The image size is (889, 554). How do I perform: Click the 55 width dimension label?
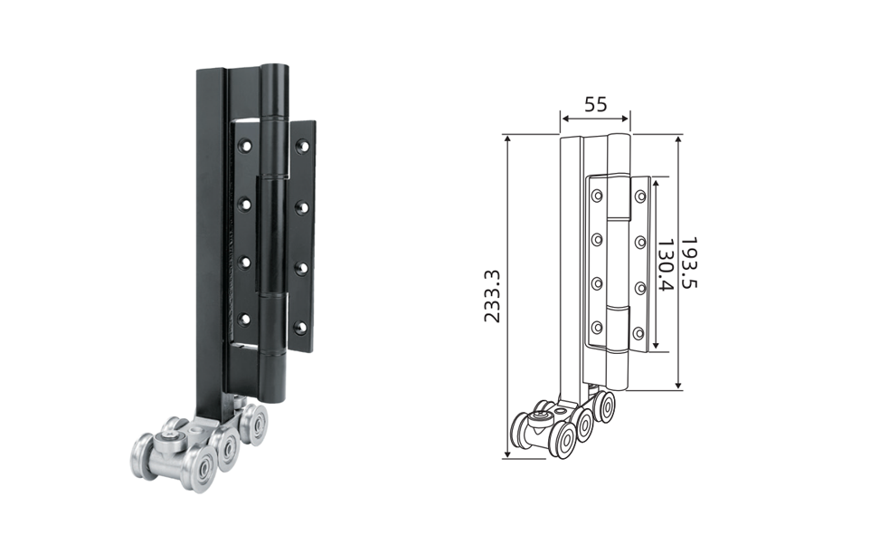595,104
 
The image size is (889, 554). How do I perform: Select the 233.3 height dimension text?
492,296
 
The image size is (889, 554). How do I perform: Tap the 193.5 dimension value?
687,263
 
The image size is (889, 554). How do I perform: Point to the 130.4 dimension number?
665,264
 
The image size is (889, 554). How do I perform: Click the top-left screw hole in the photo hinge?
246,146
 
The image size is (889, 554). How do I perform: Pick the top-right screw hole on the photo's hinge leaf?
303,147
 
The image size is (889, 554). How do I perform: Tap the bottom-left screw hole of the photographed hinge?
244,319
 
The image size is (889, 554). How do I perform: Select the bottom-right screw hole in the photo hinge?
301,328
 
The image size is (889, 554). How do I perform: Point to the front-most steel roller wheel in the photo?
198,468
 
